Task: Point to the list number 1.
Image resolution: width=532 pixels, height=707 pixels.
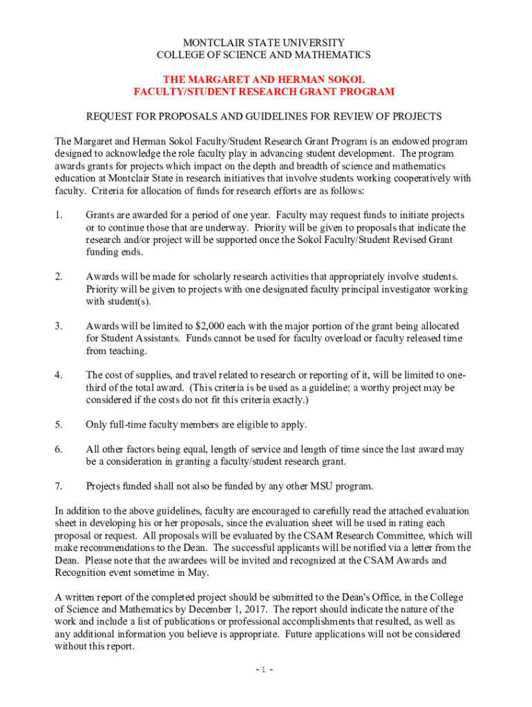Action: [59, 215]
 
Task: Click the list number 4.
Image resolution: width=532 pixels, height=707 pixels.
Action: [59, 375]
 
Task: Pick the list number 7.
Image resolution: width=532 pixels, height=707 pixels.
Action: [59, 485]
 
